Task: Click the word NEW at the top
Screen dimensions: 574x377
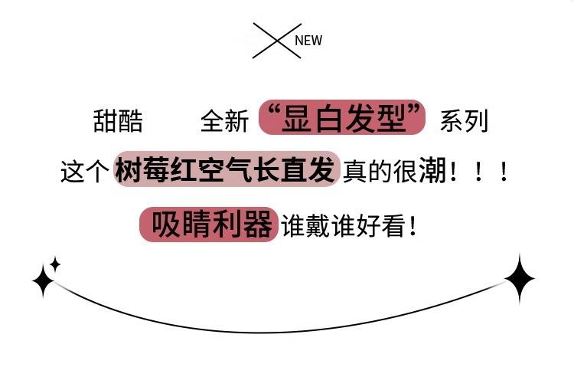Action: (308, 41)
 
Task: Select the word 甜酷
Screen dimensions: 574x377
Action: (118, 121)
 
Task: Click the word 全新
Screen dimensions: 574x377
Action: (224, 121)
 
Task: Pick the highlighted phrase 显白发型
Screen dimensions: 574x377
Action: (342, 119)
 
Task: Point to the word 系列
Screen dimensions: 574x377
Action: (463, 121)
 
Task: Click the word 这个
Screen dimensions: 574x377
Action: (84, 171)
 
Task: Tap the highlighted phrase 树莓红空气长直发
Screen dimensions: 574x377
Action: (225, 169)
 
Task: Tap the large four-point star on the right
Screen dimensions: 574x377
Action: (520, 279)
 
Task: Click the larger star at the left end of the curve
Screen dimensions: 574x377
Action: (43, 281)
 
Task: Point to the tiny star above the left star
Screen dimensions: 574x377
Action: (55, 264)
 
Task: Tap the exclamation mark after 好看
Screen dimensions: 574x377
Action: (414, 226)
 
